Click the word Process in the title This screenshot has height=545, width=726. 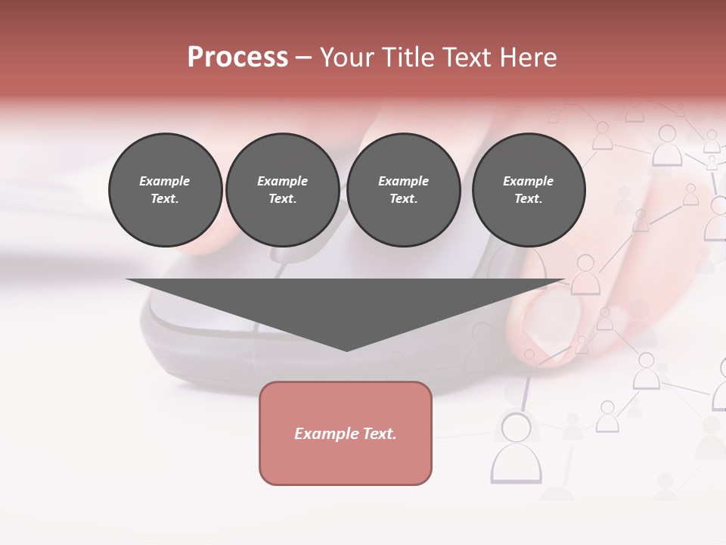237,58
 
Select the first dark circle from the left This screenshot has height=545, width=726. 165,189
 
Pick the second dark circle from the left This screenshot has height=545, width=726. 282,189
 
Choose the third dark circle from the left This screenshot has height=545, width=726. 403,189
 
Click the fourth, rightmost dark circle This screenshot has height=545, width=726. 528,189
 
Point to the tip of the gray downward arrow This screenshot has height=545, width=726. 346,350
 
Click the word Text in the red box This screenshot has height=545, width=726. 380,434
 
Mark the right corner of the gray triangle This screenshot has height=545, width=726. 563,280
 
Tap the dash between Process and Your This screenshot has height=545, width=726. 304,58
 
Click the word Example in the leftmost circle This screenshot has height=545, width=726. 164,181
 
